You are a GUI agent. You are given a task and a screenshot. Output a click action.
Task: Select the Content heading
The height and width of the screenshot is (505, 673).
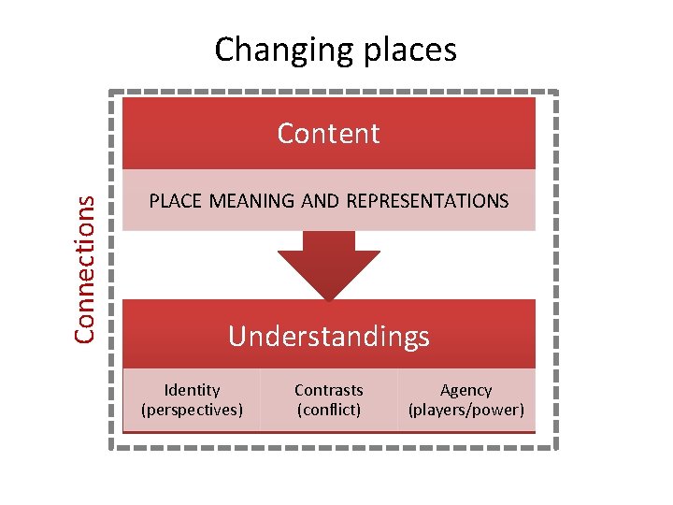click(329, 134)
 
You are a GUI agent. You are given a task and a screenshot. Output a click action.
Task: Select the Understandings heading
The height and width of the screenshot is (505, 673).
click(329, 336)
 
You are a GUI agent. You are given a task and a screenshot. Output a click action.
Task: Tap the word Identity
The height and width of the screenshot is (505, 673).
click(192, 390)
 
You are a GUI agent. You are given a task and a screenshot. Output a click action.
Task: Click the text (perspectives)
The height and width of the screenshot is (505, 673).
click(192, 410)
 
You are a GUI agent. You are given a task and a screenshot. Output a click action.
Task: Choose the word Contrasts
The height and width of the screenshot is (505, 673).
click(329, 390)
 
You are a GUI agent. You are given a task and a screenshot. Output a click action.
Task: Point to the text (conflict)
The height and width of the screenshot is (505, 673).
click(329, 410)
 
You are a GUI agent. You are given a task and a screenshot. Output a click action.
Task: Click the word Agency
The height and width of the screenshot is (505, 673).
click(465, 390)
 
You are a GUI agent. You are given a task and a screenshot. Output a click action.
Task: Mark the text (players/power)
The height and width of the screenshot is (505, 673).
click(465, 410)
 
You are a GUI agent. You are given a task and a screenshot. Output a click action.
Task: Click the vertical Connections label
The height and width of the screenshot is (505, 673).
click(85, 267)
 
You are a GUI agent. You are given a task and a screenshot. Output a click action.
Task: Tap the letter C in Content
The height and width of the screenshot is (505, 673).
click(286, 134)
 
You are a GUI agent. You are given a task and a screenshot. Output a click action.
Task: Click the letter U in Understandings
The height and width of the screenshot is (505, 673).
click(237, 336)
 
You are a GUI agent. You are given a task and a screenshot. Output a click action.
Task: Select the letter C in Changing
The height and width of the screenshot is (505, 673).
click(223, 49)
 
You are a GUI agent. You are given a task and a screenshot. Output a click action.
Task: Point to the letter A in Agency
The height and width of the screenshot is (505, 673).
click(446, 390)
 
